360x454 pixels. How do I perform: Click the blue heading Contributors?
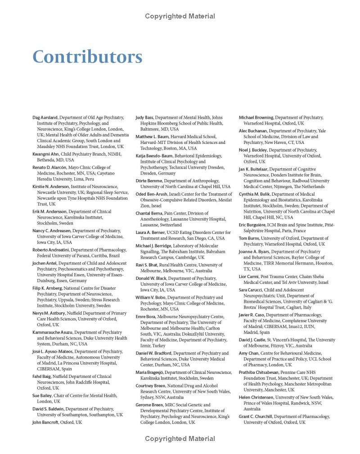tap(87, 57)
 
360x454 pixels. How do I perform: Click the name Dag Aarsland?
tap(45, 117)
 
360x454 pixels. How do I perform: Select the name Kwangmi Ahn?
tap(46, 154)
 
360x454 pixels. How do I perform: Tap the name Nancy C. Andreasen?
tap(52, 231)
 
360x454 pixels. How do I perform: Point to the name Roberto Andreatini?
tap(51, 250)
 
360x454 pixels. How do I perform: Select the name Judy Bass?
tap(144, 117)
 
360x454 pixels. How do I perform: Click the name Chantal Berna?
tap(149, 213)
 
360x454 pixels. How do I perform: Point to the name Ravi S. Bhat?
tap(147, 265)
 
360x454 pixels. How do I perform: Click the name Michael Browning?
tap(256, 117)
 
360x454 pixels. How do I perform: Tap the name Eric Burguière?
tap(252, 225)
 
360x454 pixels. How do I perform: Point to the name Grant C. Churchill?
tap(256, 417)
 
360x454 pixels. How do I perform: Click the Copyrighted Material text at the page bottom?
tap(180, 438)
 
